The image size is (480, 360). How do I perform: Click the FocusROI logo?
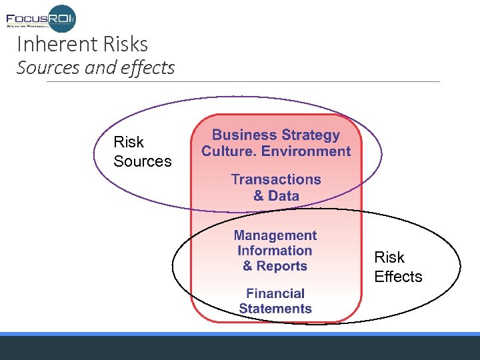point(41,17)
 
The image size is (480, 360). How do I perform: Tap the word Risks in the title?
point(125,45)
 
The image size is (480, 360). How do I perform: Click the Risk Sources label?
point(142,151)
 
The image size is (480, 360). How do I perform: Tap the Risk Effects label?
point(398,267)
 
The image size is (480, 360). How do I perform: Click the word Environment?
point(306,151)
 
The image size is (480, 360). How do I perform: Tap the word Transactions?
point(276,179)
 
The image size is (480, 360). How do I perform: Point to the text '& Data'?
point(276,196)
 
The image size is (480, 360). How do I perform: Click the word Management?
point(275,235)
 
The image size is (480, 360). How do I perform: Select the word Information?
point(275,251)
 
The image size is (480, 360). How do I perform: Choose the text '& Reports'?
point(275,266)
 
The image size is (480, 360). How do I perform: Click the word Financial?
point(275,293)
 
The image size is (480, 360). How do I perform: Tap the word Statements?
point(275,309)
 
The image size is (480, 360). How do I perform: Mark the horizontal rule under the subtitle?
point(243,82)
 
